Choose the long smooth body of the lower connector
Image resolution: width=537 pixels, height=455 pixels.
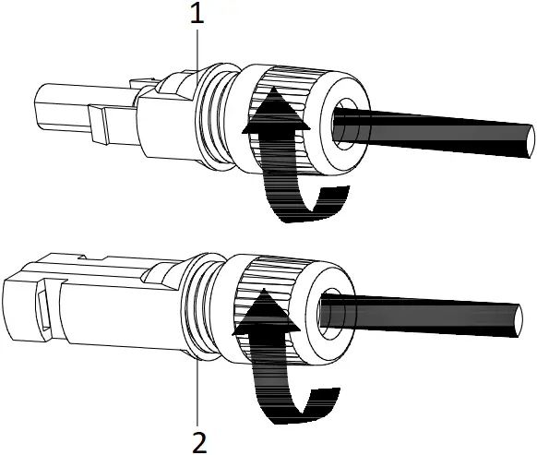coord(101,305)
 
